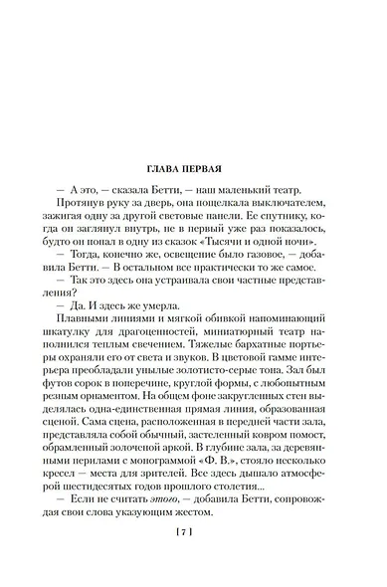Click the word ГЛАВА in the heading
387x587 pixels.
tap(166, 170)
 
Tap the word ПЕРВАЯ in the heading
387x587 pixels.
tap(212, 170)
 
